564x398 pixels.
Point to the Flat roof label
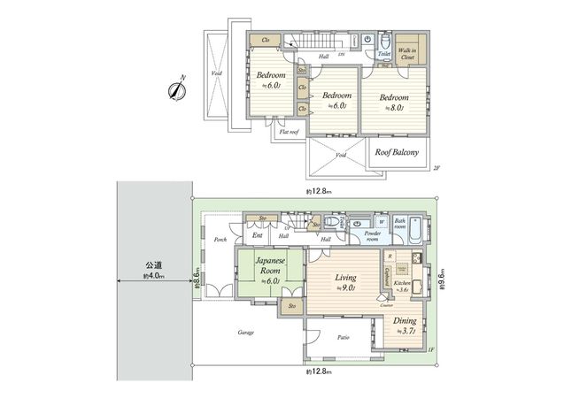point(289,132)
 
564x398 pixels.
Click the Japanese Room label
point(268,267)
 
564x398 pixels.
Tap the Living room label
point(345,281)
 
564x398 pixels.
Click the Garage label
point(245,333)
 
